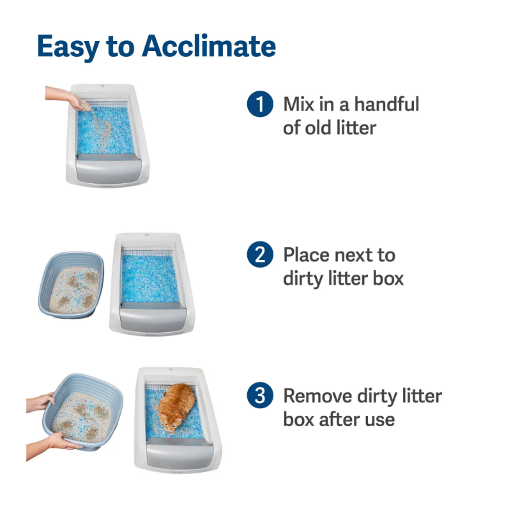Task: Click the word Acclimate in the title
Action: point(209,46)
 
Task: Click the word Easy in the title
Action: point(68,48)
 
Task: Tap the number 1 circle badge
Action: point(260,104)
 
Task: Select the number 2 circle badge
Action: point(260,254)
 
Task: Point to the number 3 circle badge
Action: point(260,395)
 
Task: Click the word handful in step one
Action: point(386,104)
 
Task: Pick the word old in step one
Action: point(318,127)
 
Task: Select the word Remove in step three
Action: point(317,395)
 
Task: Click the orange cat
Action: point(176,408)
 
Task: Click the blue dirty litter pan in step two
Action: point(72,285)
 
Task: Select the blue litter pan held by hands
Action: point(83,412)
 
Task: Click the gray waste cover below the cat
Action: point(179,452)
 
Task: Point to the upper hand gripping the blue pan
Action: point(41,402)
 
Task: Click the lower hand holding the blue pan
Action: point(52,445)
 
